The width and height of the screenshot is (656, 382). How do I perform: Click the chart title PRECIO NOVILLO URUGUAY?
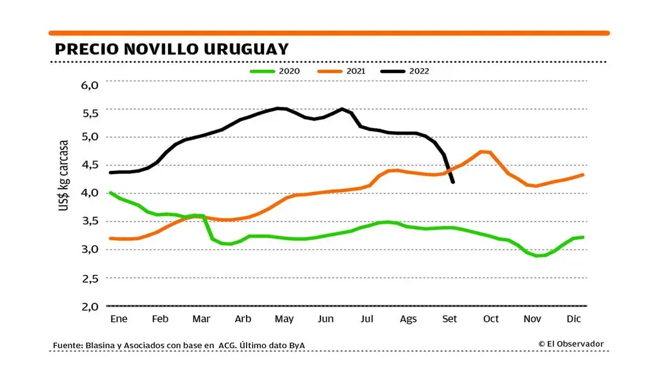click(171, 49)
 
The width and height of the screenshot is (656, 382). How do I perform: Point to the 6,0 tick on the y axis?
click(89, 84)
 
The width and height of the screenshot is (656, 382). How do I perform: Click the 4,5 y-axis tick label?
click(89, 164)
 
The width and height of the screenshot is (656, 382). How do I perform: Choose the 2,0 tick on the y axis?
click(89, 306)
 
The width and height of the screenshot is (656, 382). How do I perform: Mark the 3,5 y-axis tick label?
click(89, 221)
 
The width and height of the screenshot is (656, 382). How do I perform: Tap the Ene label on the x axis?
click(119, 319)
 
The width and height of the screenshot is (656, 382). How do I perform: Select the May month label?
click(284, 319)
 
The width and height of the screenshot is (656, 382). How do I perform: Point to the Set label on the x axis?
click(450, 319)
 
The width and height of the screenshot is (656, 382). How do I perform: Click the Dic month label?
click(573, 319)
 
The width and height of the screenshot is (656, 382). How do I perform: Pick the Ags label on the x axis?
click(408, 319)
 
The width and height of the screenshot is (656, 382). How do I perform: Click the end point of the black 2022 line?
click(453, 182)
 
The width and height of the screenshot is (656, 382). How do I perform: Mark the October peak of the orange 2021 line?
click(482, 152)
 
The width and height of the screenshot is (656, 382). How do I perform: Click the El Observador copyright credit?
click(571, 344)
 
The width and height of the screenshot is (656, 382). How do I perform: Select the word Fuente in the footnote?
click(67, 346)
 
